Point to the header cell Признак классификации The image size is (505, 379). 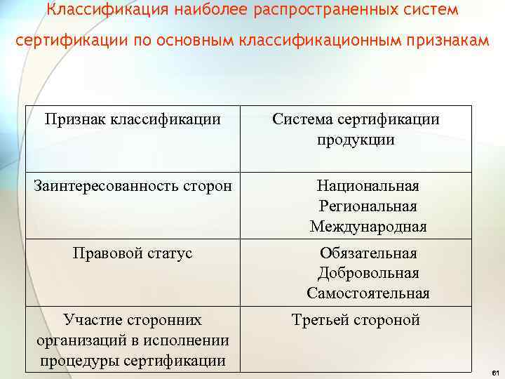(x=133, y=119)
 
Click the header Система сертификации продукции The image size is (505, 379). (x=356, y=129)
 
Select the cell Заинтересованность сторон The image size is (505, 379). (x=133, y=187)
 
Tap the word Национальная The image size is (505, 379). (x=368, y=186)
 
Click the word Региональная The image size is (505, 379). (x=368, y=206)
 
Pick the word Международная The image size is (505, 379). (x=368, y=227)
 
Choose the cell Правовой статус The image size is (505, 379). (x=133, y=253)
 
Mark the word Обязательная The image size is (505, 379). (x=368, y=253)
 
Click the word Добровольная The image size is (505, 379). (x=368, y=273)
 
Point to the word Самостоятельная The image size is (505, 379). (x=368, y=293)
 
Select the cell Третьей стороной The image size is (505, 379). (x=356, y=320)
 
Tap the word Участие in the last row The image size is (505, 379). (x=92, y=320)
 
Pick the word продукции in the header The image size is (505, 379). (x=356, y=140)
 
